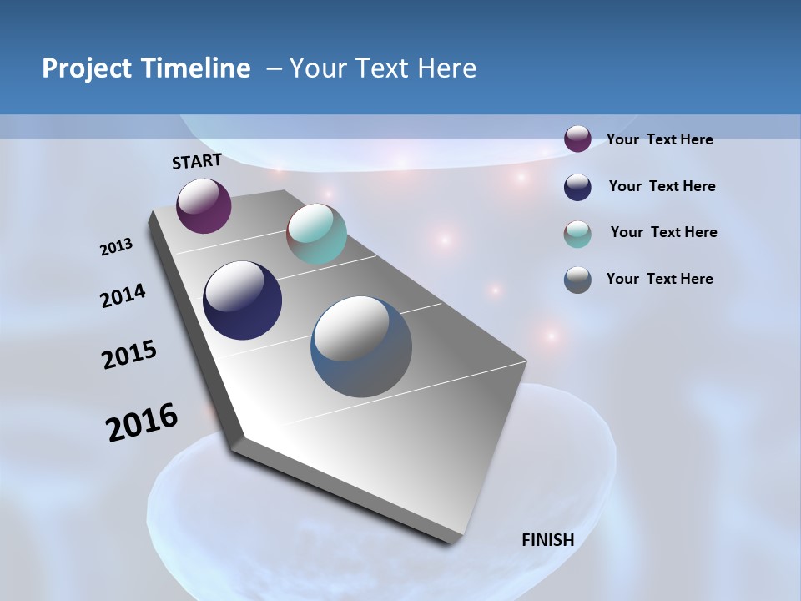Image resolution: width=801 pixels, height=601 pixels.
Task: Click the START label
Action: coord(197,161)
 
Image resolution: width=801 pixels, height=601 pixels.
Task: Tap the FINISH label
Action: coord(548,539)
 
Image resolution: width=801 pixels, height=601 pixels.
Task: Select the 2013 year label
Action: coord(117,247)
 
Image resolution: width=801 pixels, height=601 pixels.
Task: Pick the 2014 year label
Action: coord(123,295)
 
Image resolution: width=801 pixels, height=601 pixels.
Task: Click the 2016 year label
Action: coord(142,422)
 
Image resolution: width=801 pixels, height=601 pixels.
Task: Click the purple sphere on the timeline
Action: coord(204,206)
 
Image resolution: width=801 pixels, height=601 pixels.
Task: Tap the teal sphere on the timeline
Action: coord(316,234)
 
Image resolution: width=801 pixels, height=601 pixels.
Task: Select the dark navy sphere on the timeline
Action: coord(242,300)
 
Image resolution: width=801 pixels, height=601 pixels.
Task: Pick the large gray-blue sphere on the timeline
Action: coord(361,346)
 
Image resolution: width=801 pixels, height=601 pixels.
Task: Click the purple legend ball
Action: coord(577,139)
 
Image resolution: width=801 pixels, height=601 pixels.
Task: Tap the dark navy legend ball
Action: coord(577,187)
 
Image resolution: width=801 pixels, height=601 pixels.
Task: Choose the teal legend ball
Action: coord(577,234)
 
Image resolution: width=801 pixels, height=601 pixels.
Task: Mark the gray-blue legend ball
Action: coord(577,280)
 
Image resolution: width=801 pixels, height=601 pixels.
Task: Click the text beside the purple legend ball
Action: coord(659,139)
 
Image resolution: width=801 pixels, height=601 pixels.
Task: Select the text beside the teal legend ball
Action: coord(663,232)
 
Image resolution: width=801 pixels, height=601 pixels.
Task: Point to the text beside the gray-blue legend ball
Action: coord(659,279)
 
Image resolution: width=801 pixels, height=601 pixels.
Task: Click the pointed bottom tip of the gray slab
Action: coord(451,543)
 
